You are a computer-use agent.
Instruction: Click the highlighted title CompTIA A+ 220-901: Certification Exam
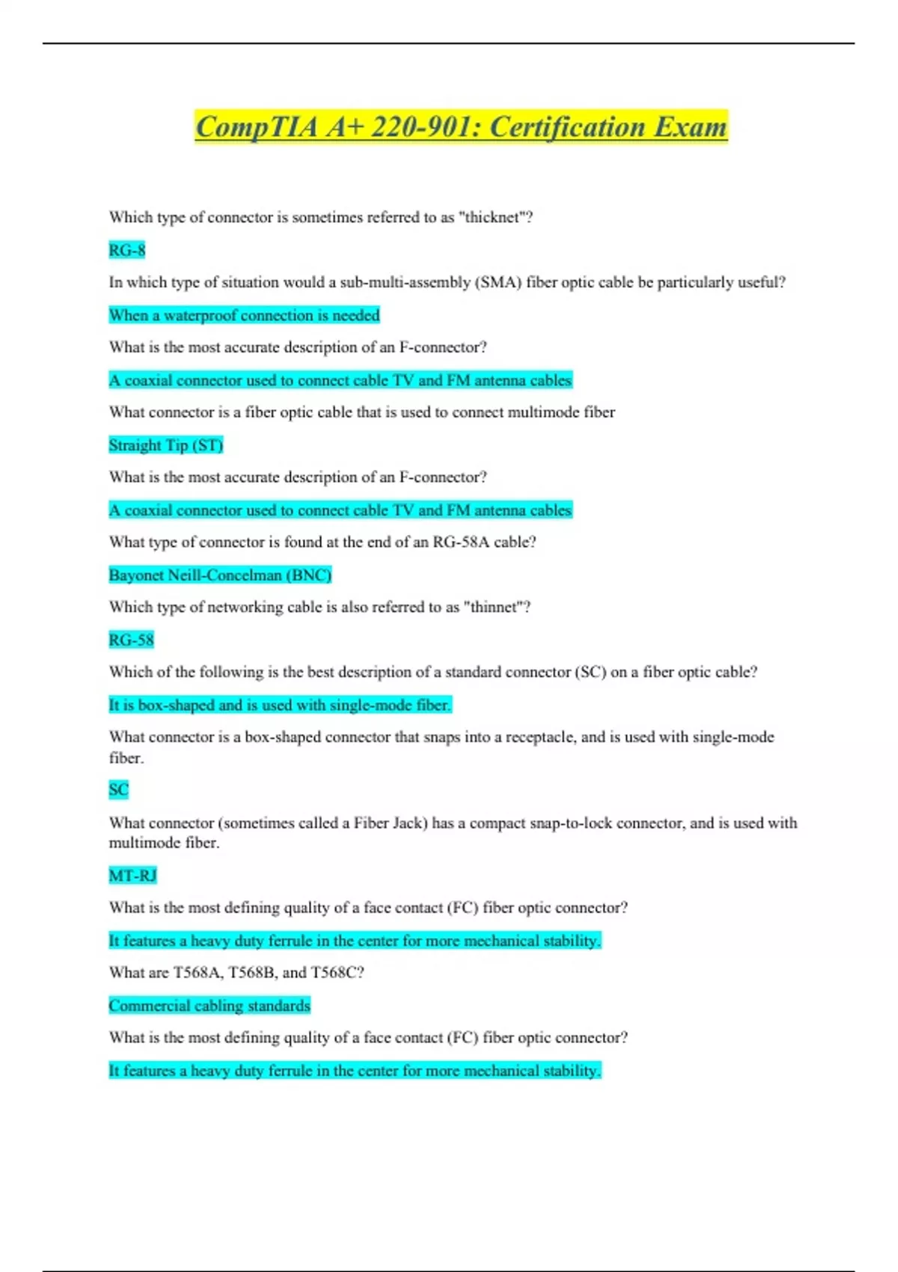point(461,126)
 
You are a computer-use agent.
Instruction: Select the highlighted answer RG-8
point(126,250)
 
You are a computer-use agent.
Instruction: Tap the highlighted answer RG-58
point(131,640)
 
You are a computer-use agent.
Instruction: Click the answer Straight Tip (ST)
point(165,445)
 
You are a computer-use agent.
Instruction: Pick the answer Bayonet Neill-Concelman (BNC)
point(220,575)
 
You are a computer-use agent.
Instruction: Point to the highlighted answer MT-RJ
point(132,875)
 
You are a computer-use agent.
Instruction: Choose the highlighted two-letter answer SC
point(118,789)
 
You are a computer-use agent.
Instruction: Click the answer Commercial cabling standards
point(210,1006)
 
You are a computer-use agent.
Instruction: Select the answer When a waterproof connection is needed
point(244,315)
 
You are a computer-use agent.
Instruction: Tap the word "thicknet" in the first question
point(492,217)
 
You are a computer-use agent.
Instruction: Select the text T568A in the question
point(198,973)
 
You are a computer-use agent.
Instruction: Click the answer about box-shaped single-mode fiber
point(280,705)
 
